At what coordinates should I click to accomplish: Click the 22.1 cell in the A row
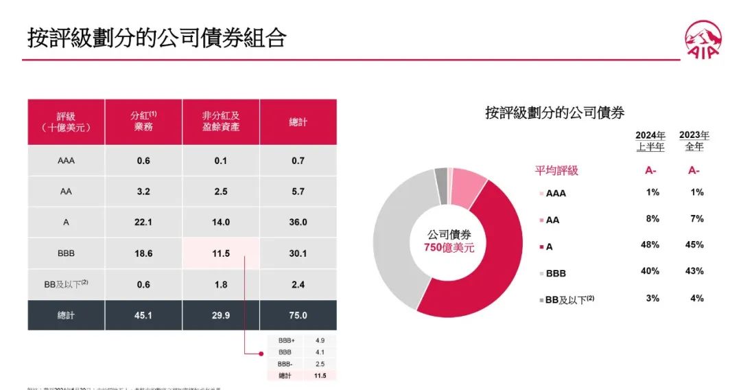(x=143, y=222)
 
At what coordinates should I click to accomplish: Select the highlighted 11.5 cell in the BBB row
(x=221, y=253)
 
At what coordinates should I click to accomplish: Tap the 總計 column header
(x=298, y=122)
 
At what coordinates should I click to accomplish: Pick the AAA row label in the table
(x=67, y=161)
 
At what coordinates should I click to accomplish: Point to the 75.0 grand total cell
(x=298, y=316)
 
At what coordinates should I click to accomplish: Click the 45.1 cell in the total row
(x=143, y=316)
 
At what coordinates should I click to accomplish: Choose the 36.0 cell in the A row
(x=298, y=222)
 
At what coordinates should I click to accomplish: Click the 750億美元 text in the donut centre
(x=444, y=248)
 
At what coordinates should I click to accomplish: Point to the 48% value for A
(x=652, y=244)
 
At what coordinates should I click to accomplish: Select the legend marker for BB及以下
(x=541, y=299)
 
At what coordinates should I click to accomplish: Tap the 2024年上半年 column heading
(x=650, y=141)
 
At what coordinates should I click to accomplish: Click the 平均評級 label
(x=556, y=170)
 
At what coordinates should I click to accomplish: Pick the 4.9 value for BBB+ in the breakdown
(x=320, y=341)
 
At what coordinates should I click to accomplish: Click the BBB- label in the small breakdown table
(x=287, y=363)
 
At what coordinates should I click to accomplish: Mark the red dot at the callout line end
(x=261, y=354)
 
